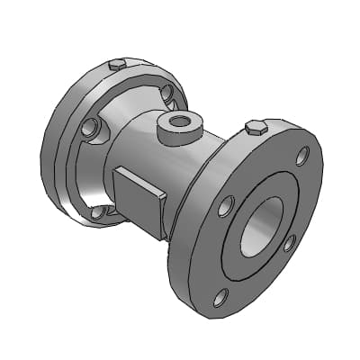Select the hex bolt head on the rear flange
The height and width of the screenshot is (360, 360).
[115, 66]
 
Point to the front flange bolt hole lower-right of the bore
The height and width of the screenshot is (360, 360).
[290, 242]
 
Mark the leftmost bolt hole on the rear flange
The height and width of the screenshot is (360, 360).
[87, 130]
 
